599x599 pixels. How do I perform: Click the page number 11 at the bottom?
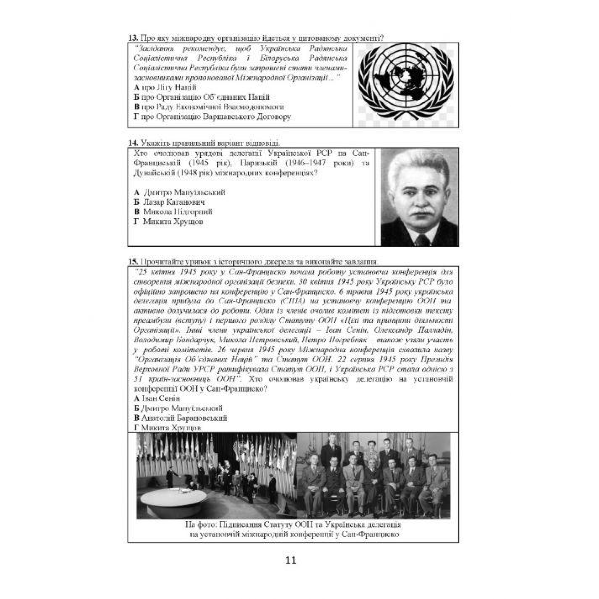tap(291, 560)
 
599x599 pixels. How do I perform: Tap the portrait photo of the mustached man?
tap(419, 197)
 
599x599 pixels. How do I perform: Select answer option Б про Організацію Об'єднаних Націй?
tap(202, 97)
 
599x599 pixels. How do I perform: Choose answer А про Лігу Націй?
tap(165, 87)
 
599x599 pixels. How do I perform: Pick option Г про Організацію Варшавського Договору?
tap(212, 117)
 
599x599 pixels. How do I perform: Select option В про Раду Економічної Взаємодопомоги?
tap(209, 107)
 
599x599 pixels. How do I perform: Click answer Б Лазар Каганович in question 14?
tap(169, 202)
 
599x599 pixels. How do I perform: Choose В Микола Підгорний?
tap(173, 212)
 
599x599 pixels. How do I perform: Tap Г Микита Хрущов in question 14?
tap(168, 221)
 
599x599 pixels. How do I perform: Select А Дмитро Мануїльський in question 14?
tap(179, 192)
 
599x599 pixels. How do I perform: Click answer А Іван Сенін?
tap(157, 398)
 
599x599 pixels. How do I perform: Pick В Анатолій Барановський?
tap(180, 418)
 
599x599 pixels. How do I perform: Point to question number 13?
tap(133, 38)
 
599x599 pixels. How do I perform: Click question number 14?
tap(133, 143)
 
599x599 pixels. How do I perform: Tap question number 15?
tap(133, 262)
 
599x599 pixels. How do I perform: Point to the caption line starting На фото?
tap(293, 525)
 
